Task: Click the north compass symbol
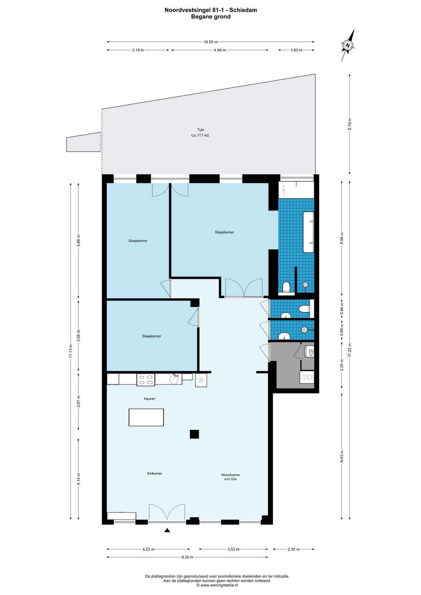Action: (347, 45)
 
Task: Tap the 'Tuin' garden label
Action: (200, 130)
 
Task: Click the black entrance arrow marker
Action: (167, 530)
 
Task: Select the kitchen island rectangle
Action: (146, 417)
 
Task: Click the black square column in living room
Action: (194, 434)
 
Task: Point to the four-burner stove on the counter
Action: (145, 380)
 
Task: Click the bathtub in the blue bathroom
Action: (309, 232)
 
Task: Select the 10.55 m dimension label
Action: (210, 42)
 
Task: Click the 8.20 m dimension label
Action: (187, 557)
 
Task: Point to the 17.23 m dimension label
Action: (350, 350)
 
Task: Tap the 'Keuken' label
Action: (149, 399)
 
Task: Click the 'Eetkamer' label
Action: (154, 473)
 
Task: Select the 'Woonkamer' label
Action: (230, 475)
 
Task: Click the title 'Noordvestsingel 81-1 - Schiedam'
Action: (210, 10)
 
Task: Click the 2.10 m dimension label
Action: (294, 549)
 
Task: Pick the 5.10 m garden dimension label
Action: (350, 124)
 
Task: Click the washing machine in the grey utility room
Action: (307, 377)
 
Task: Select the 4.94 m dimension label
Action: (219, 50)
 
